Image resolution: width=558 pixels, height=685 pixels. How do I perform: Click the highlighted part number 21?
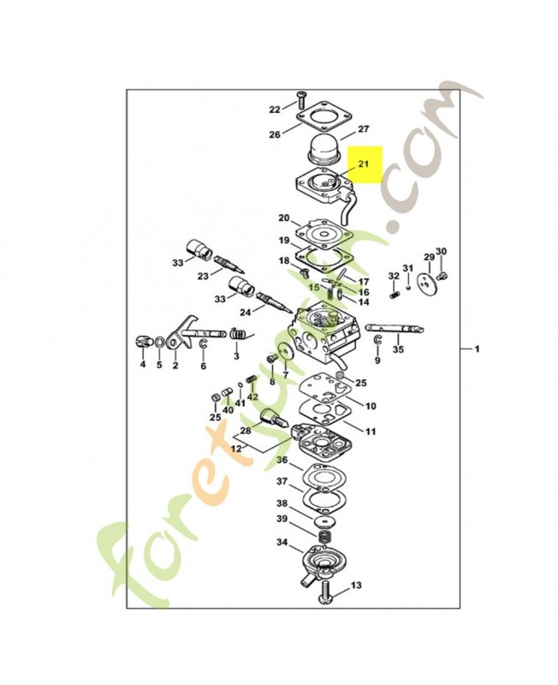(x=363, y=164)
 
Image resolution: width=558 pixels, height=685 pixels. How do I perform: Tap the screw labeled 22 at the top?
(x=300, y=100)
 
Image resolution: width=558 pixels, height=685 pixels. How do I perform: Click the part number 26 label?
(x=275, y=134)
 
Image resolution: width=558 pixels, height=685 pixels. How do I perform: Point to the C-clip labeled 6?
(x=203, y=344)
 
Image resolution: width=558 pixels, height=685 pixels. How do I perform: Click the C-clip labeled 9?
(x=377, y=340)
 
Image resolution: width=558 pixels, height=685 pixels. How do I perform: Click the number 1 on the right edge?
(x=477, y=349)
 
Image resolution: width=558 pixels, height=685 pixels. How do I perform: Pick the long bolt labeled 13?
(x=327, y=592)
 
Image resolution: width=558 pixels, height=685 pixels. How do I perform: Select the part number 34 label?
(x=282, y=542)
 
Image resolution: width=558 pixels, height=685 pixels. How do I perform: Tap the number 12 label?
(x=236, y=448)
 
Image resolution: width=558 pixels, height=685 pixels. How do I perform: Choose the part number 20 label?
(x=284, y=217)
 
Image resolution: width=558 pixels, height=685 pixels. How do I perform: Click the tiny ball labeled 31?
(x=408, y=288)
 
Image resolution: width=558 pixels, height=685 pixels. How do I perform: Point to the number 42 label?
(x=252, y=396)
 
